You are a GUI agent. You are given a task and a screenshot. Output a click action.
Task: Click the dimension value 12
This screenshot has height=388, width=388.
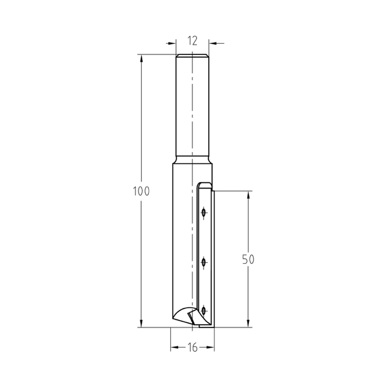pyautogui.click(x=192, y=40)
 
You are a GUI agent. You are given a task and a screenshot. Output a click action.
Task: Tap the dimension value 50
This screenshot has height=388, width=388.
pyautogui.click(x=248, y=259)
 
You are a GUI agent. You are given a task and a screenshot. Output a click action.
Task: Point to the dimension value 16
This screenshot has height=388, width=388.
pyautogui.click(x=192, y=348)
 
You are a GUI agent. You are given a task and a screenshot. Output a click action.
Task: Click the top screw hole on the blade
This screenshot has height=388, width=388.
pyautogui.click(x=203, y=212)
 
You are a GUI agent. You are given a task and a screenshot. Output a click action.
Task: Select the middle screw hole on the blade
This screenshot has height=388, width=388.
pyautogui.click(x=203, y=263)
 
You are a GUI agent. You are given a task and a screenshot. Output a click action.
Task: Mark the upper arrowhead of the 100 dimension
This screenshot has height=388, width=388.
pyautogui.click(x=141, y=58)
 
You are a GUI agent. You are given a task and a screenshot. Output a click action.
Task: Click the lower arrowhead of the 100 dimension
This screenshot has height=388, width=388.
pyautogui.click(x=141, y=324)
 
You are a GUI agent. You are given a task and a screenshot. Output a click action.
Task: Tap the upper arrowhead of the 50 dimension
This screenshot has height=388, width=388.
pyautogui.click(x=248, y=194)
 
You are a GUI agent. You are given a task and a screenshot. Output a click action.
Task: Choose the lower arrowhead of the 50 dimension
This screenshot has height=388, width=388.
pyautogui.click(x=248, y=324)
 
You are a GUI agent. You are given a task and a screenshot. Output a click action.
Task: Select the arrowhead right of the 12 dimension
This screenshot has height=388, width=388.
pyautogui.click(x=212, y=43)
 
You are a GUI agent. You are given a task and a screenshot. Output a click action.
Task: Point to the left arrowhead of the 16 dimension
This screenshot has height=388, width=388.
pyautogui.click(x=174, y=348)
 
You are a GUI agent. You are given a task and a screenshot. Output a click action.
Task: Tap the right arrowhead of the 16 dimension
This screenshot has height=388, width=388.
pyautogui.click(x=211, y=348)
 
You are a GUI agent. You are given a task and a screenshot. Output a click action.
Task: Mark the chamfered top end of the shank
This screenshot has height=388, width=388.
pyautogui.click(x=192, y=55)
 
